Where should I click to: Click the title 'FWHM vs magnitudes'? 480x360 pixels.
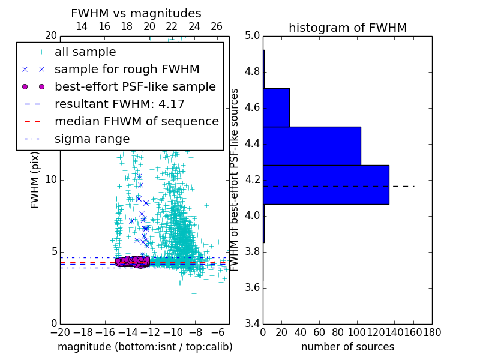[136, 13]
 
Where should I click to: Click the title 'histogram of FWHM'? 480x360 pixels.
[347, 28]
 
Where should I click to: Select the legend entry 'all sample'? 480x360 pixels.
[85, 52]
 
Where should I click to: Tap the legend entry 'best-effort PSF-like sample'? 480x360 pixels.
[135, 86]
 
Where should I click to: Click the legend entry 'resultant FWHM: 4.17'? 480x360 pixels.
[119, 104]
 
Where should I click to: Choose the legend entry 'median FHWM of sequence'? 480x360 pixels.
[136, 121]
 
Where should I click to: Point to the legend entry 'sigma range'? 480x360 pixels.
[92, 139]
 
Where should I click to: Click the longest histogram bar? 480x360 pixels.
[326, 184]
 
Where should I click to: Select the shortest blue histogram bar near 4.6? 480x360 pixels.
[276, 107]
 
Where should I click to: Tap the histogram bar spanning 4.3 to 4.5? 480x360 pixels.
[312, 146]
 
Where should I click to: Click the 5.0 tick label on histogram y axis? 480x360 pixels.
[252, 36]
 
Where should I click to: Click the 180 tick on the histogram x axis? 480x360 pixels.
[432, 332]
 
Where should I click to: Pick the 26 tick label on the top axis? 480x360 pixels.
[217, 26]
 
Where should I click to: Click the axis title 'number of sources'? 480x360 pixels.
[347, 347]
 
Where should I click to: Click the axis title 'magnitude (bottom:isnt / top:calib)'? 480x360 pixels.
[145, 347]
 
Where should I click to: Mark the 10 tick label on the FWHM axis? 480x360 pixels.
[50, 180]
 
